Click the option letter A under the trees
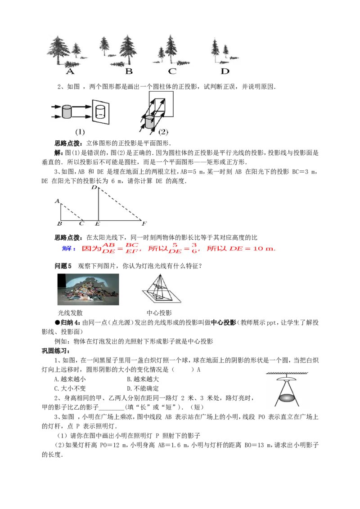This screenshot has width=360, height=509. (x=70, y=71)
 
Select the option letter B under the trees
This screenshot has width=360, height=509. (x=129, y=71)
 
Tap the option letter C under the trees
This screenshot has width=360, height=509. (x=172, y=71)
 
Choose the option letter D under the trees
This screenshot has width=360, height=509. (x=225, y=71)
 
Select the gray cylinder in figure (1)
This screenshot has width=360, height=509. (x=67, y=112)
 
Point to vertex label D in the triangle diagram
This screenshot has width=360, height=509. (x=94, y=187)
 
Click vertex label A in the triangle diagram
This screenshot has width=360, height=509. (x=57, y=201)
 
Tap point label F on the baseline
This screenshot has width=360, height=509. (x=144, y=223)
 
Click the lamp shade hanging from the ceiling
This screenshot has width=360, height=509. (x=287, y=380)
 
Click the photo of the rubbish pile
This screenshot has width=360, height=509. (x=88, y=290)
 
